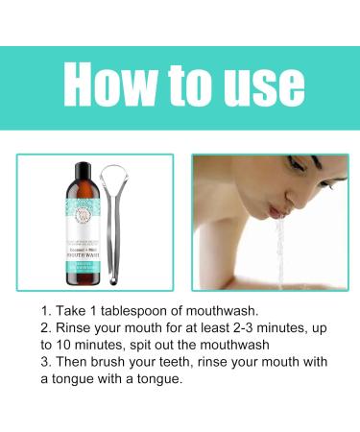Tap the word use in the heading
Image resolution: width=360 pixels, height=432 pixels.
[x=254, y=86]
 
